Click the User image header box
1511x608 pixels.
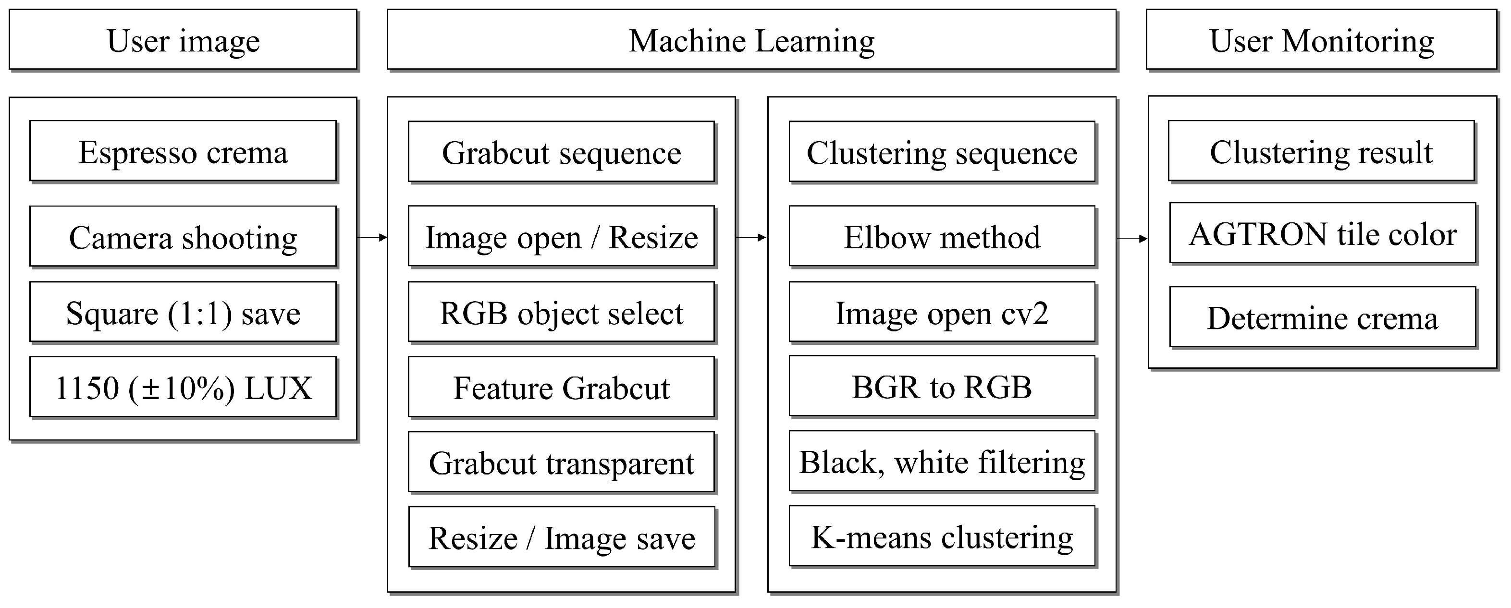coord(183,40)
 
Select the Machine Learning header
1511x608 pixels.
coord(751,40)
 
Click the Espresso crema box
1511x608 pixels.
coord(183,151)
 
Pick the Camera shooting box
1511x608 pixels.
coord(183,236)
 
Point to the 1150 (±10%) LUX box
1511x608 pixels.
coord(183,387)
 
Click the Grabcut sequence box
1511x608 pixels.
coord(561,152)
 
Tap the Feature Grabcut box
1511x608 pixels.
coord(561,387)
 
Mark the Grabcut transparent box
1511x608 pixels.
coord(561,462)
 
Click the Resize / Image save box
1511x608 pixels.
coord(561,537)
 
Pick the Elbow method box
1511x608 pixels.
coord(942,236)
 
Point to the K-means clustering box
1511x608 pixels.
coord(942,536)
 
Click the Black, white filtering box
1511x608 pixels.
coord(942,461)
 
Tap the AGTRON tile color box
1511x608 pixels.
coord(1322,233)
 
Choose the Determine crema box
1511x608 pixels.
coord(1322,317)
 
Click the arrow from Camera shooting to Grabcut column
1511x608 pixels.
coord(372,237)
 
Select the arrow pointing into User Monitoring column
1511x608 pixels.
coord(1132,239)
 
